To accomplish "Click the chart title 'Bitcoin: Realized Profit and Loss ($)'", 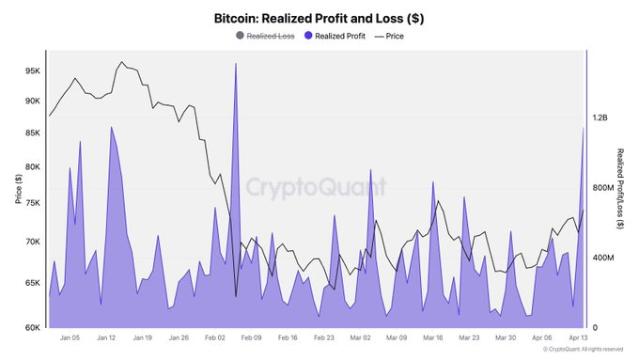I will click(319, 18).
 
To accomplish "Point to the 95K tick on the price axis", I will click(32, 70).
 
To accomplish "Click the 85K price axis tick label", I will click(32, 133).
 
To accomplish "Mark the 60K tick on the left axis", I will click(32, 327).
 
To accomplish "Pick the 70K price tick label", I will click(32, 242).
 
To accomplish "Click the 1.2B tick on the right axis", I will click(600, 118).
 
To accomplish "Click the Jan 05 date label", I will click(70, 337).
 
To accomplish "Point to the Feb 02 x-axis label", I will click(215, 337).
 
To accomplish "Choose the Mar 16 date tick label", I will click(433, 337).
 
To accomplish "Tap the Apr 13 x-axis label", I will click(578, 337).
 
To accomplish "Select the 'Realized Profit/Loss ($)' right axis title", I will click(621, 188).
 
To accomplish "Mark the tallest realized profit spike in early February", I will click(235, 64).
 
